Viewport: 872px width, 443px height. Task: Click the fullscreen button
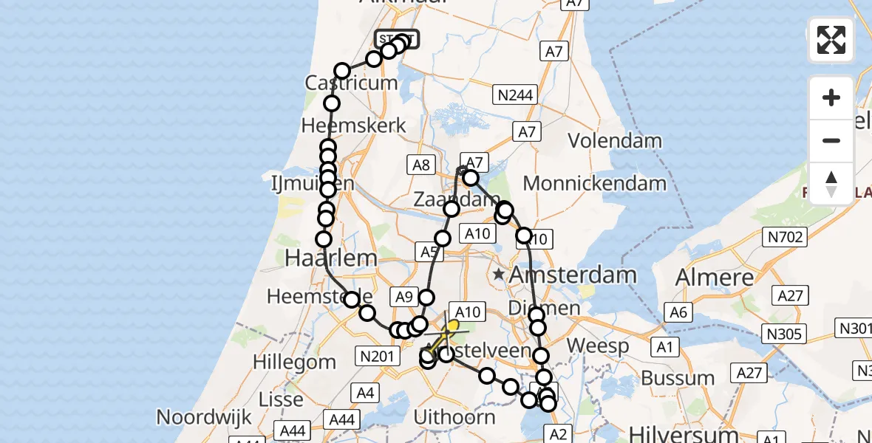(x=831, y=40)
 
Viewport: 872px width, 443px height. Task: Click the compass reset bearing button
(x=831, y=183)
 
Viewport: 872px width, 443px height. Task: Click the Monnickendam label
(x=595, y=183)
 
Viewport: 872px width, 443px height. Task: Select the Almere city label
(x=715, y=277)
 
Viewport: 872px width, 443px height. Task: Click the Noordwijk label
(x=205, y=417)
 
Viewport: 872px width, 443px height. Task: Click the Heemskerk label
(x=354, y=125)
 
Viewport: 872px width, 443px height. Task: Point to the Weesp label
(x=598, y=346)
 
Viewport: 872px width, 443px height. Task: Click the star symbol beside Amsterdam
(x=500, y=275)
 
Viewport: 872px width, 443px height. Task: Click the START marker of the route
(x=397, y=38)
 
